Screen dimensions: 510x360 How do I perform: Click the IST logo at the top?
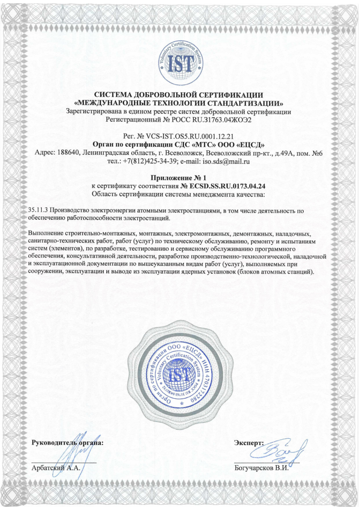tap(180, 61)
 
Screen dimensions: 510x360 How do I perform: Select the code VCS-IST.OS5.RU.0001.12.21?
tap(190, 136)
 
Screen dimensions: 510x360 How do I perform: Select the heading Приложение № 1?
tap(179, 178)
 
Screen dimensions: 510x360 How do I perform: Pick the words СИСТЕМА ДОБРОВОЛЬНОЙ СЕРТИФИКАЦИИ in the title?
tap(179, 95)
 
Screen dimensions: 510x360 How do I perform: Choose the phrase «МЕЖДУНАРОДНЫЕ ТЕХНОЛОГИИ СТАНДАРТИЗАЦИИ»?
tap(179, 103)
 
